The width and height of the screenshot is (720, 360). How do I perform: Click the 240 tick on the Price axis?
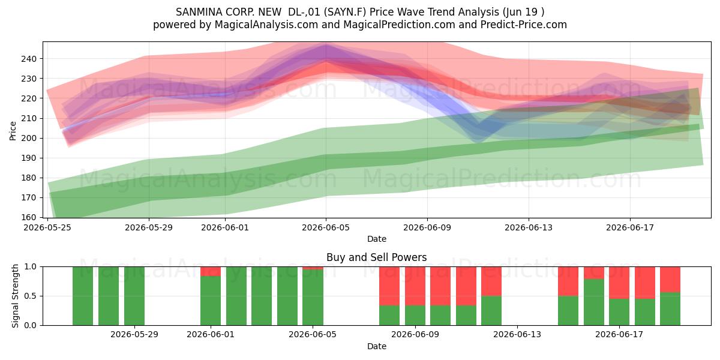(29, 59)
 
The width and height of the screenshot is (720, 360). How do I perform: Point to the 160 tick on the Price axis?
(29, 217)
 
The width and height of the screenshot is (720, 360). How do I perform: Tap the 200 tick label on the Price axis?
(29, 138)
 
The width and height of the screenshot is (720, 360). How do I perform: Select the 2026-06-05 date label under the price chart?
(326, 227)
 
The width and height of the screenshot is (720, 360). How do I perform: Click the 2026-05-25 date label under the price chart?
(47, 227)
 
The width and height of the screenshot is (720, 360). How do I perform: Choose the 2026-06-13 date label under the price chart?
(529, 227)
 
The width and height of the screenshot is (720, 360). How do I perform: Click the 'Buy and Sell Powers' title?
(376, 257)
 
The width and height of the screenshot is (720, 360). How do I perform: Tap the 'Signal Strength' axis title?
(15, 296)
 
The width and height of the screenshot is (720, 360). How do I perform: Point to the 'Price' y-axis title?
(13, 131)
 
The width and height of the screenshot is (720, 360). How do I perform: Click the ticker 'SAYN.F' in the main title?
(345, 12)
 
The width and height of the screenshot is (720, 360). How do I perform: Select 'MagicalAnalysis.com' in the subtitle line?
(266, 25)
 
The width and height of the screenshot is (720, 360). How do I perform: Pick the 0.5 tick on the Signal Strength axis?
(32, 296)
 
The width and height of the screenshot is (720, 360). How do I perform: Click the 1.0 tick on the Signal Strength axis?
(32, 267)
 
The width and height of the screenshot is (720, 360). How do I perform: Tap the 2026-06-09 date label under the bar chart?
(415, 335)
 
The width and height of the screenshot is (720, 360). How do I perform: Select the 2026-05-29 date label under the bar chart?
(134, 335)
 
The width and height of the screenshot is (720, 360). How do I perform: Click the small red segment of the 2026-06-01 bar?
(211, 271)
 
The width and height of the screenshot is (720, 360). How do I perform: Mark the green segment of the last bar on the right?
(670, 309)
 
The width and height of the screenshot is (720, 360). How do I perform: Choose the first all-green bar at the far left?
(83, 296)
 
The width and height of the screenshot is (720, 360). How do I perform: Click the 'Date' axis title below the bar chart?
(377, 346)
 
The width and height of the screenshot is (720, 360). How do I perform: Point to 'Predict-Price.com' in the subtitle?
(524, 25)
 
